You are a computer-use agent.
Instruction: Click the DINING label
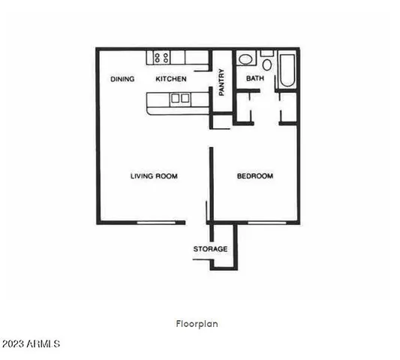point(122,79)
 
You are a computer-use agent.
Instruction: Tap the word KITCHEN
point(170,79)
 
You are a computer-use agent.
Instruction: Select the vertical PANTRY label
point(222,82)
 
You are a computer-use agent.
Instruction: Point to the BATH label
point(255,79)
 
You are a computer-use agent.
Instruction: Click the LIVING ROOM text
point(154,176)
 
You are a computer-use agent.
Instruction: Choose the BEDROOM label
point(255,176)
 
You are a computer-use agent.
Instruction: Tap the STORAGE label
point(210,249)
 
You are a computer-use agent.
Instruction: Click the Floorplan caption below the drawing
point(197,324)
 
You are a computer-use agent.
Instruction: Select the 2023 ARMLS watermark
point(32,344)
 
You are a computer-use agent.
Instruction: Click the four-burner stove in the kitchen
point(161,57)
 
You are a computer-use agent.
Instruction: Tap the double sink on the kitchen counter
point(179,98)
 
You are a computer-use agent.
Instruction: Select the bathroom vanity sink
point(245,59)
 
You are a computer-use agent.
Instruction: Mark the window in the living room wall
point(161,222)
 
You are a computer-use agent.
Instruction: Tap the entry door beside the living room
point(206,212)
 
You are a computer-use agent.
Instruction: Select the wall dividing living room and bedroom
point(211,184)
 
